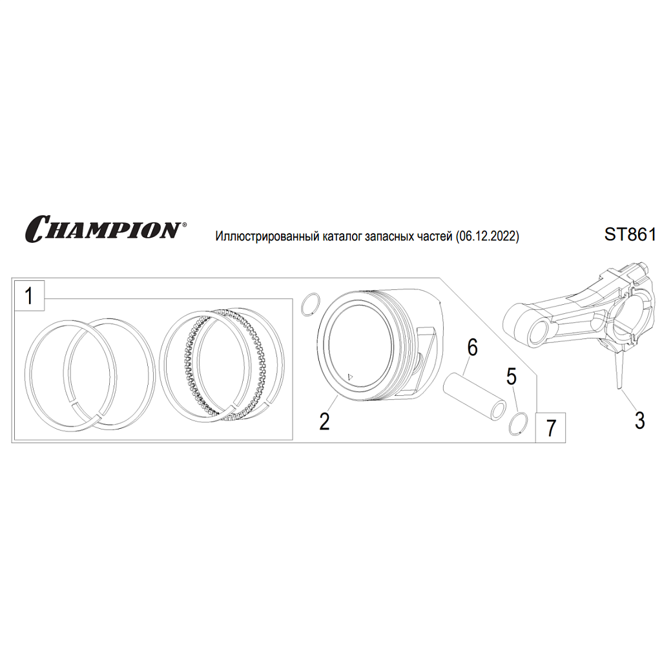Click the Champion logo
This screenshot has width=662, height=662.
(x=105, y=229)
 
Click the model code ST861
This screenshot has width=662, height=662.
(x=630, y=234)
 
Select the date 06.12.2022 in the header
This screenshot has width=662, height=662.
(x=487, y=236)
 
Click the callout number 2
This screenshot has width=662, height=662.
(x=324, y=421)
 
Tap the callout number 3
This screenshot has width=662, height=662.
(x=639, y=421)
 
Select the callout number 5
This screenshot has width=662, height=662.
(x=512, y=377)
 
